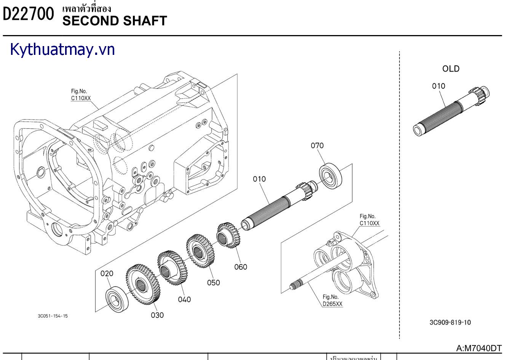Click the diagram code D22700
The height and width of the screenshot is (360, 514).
click(x=28, y=14)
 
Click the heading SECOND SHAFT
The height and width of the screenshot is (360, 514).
click(x=115, y=21)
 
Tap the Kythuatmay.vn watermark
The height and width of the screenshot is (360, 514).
click(x=62, y=50)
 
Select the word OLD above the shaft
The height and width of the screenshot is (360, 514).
click(x=451, y=69)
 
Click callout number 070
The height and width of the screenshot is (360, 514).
click(x=317, y=146)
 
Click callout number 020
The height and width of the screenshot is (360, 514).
click(x=107, y=274)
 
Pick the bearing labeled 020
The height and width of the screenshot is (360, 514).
click(x=116, y=298)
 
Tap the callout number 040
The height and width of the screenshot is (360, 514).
click(x=184, y=299)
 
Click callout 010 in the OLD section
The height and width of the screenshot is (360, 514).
click(x=439, y=86)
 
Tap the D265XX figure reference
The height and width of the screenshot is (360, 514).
click(x=332, y=304)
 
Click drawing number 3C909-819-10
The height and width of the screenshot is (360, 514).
click(x=450, y=322)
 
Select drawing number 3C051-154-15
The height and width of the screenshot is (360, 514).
click(x=53, y=316)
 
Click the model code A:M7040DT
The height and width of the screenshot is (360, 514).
click(x=479, y=348)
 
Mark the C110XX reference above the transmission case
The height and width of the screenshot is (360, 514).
click(x=81, y=98)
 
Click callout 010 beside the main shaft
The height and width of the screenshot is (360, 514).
click(x=259, y=179)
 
